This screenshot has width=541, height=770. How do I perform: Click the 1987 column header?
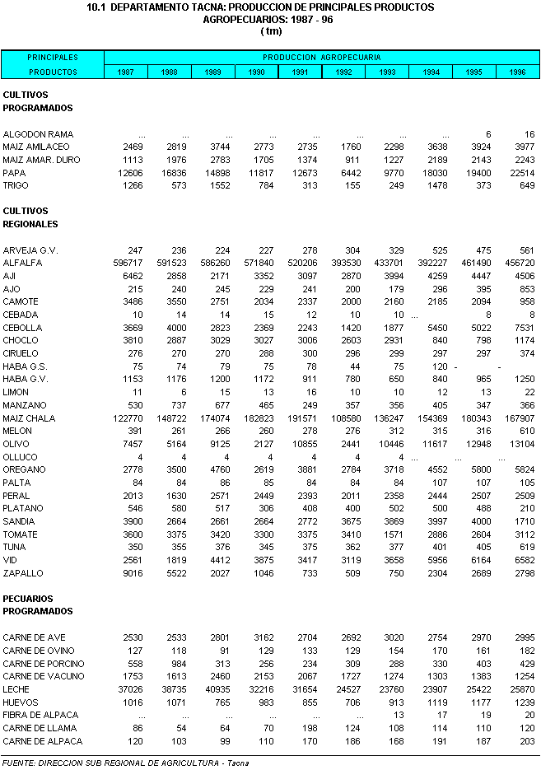tap(125, 72)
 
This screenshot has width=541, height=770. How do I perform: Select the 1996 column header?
tap(517, 72)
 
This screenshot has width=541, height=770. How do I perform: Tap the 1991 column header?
tap(300, 72)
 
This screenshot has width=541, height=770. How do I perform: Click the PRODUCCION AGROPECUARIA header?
tap(321, 58)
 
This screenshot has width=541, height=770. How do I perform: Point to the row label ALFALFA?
tap(22, 263)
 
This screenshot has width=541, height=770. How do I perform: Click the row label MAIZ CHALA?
tap(29, 418)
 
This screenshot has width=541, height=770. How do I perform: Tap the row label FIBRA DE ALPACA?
tap(36, 716)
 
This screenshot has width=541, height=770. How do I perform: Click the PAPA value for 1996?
tap(521, 173)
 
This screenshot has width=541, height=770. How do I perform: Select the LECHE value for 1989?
tap(213, 689)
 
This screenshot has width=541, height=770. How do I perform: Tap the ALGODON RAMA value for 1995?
tap(487, 134)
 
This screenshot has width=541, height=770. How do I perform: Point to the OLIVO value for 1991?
tap(303, 444)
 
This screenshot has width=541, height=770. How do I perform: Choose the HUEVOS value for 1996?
tap(521, 702)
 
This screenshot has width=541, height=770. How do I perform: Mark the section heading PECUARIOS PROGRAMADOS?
tap(38, 604)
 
